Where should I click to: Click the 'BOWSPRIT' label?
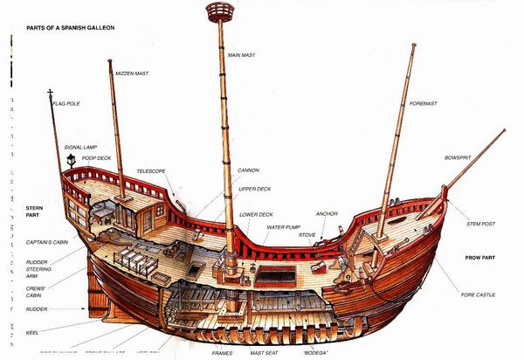pyautogui.click(x=458, y=158)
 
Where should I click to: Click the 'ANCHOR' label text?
pyautogui.click(x=327, y=213)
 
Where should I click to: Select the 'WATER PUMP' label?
pyautogui.click(x=283, y=226)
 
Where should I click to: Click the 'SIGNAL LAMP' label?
pyautogui.click(x=82, y=147)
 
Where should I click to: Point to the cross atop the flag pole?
pyautogui.click(x=51, y=93)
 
